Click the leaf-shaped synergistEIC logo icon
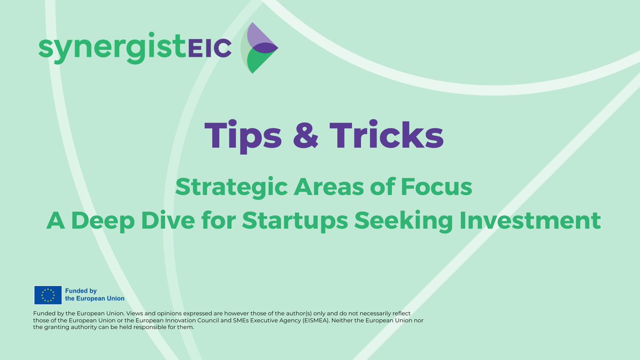pyautogui.click(x=259, y=48)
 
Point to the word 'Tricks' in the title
pyautogui.click(x=387, y=134)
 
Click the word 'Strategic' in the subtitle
pyautogui.click(x=223, y=188)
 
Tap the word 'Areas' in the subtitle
pyautogui.click(x=311, y=188)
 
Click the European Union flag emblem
pyautogui.click(x=47, y=295)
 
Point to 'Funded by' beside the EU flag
pyautogui.click(x=81, y=291)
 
